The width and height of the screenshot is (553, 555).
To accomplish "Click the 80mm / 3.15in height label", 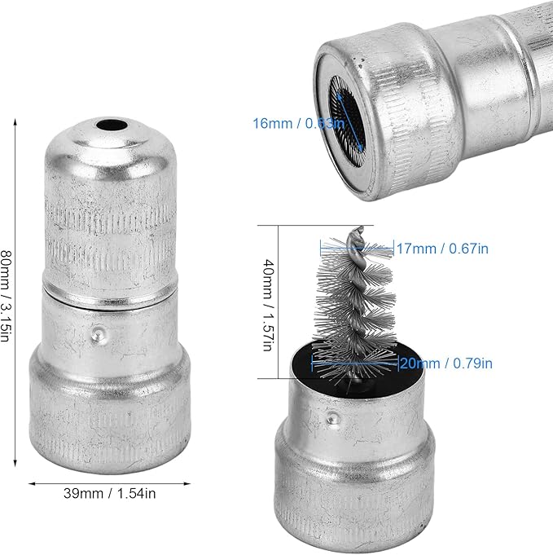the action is coord(6,296).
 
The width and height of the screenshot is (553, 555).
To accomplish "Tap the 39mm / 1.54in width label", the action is coord(110,493).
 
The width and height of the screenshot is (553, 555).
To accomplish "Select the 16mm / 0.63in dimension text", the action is coord(298,124).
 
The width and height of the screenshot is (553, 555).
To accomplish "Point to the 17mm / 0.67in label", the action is coord(442,249).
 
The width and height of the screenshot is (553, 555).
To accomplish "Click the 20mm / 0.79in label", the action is coord(445,363).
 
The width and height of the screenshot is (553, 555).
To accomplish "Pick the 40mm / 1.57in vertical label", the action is coord(269,305).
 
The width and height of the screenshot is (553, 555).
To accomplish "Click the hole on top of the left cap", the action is coord(112,125).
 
